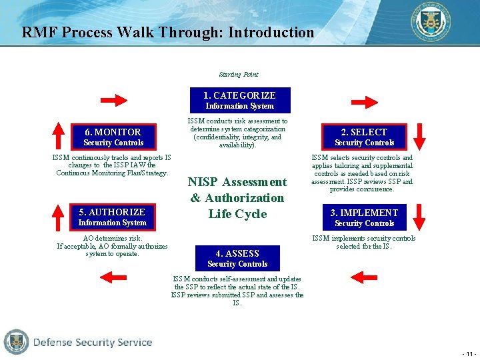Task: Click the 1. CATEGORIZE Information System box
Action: tap(239, 100)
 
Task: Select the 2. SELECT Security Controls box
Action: tap(364, 137)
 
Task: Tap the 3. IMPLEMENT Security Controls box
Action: tap(364, 217)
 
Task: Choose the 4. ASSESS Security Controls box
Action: tap(237, 258)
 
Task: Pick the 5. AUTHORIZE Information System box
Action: tap(112, 217)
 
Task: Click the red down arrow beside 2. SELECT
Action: tap(419, 135)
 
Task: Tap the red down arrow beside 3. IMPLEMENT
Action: tap(419, 217)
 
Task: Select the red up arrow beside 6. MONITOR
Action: tap(59, 135)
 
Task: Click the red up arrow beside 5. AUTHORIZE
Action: tap(59, 216)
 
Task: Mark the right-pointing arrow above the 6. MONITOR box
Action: tap(113, 101)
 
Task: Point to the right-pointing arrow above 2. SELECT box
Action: tap(364, 101)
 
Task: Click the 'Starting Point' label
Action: tap(238, 75)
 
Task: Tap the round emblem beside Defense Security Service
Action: tap(16, 342)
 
